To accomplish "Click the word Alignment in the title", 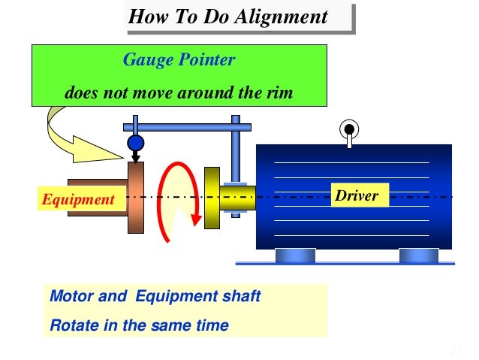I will point(282,17).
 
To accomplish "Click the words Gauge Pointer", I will point(179,60).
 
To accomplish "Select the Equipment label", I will point(78,199).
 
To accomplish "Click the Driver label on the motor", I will point(357,197).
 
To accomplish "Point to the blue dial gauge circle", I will point(135,142).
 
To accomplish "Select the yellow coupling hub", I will point(212,196).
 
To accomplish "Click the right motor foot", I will point(418,256).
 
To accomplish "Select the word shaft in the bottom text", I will point(240,296).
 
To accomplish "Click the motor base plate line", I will point(345,263).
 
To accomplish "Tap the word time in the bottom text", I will point(211,325).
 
